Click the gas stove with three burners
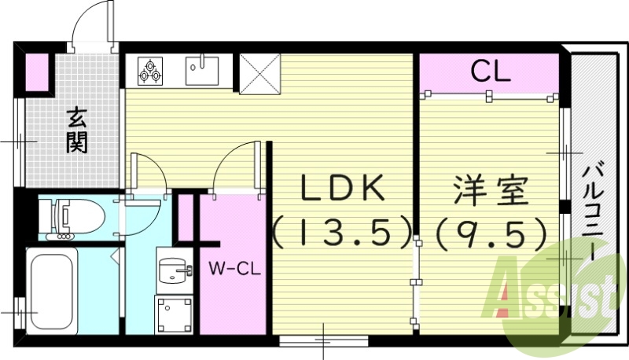(x=149, y=71)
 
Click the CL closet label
(x=491, y=73)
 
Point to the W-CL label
(x=235, y=269)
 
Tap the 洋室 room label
(x=491, y=190)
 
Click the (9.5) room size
(x=491, y=230)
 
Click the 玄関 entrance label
(x=77, y=130)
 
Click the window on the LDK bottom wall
(x=322, y=340)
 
